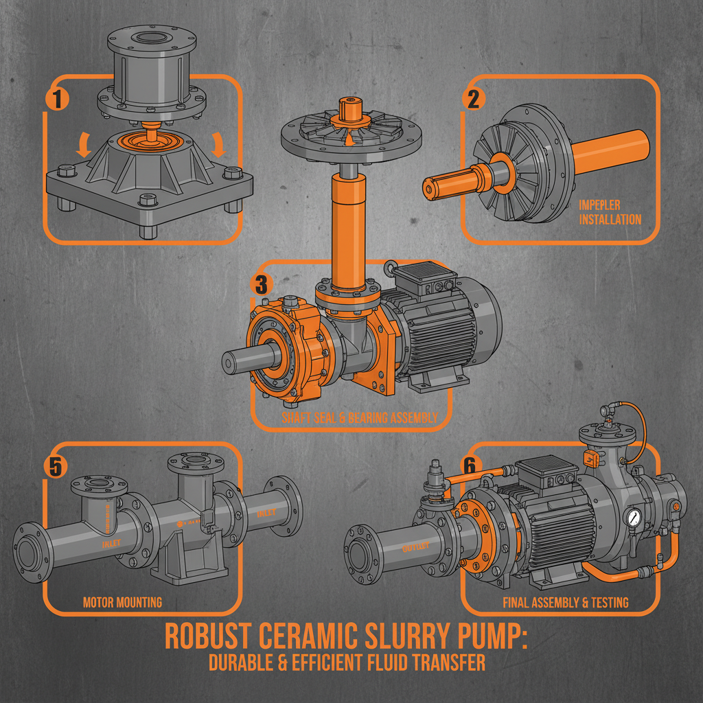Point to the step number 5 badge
click(54, 467)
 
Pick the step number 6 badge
click(469, 465)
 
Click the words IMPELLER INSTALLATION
click(610, 212)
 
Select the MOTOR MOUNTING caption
click(122, 602)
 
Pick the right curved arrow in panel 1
click(219, 144)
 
